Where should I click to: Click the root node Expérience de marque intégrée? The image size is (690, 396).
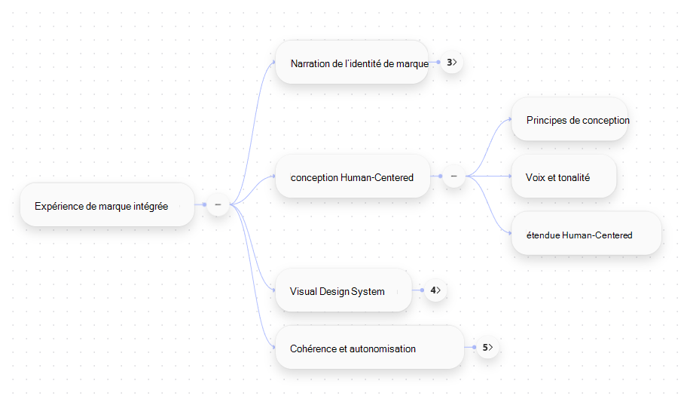(x=108, y=205)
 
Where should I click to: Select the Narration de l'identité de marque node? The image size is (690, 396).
(x=352, y=63)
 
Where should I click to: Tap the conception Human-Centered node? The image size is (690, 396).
(x=353, y=177)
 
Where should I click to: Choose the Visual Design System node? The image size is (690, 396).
(x=343, y=290)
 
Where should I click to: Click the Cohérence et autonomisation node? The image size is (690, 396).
(x=370, y=348)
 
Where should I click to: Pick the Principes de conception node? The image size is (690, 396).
(x=570, y=119)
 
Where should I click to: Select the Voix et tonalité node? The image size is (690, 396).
(x=564, y=177)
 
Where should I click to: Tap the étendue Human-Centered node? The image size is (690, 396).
(x=587, y=234)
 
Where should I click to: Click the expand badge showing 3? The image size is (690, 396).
(x=452, y=63)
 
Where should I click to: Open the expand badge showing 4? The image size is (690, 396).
(x=435, y=290)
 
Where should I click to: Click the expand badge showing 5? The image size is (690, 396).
(x=487, y=348)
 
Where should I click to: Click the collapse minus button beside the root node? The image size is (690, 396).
(x=218, y=205)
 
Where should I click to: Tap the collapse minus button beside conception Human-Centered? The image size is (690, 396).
(x=453, y=177)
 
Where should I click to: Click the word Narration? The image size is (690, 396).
(x=310, y=63)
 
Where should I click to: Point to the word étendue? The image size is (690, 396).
(x=543, y=235)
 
